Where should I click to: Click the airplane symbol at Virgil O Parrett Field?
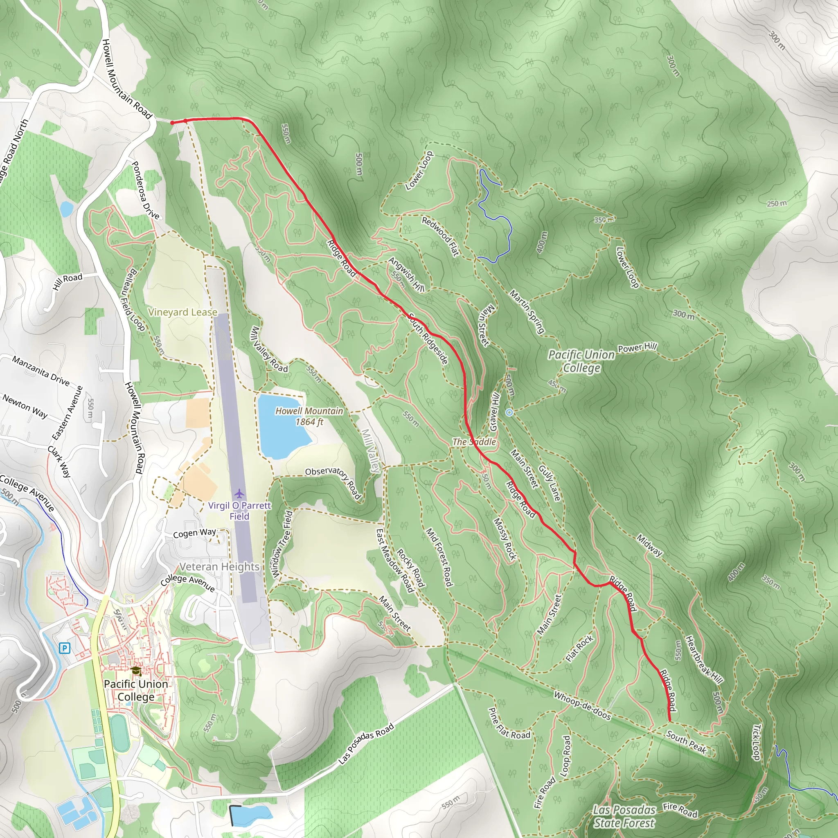point(239,494)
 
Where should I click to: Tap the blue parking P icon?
point(64,649)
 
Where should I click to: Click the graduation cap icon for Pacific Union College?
point(136,671)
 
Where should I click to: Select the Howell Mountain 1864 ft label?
point(309,417)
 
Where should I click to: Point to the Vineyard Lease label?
point(182,312)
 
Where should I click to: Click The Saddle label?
point(474,442)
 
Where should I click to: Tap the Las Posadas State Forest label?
point(624,816)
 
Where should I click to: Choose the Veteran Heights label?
point(219,566)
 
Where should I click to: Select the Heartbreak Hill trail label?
point(704,660)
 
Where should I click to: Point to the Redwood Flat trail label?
point(440,237)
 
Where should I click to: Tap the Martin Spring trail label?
point(527,311)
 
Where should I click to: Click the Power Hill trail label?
point(637,347)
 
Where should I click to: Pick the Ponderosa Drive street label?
point(145,190)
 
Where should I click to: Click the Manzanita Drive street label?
point(41,371)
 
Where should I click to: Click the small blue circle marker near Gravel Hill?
point(509,412)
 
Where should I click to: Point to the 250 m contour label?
point(776,203)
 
